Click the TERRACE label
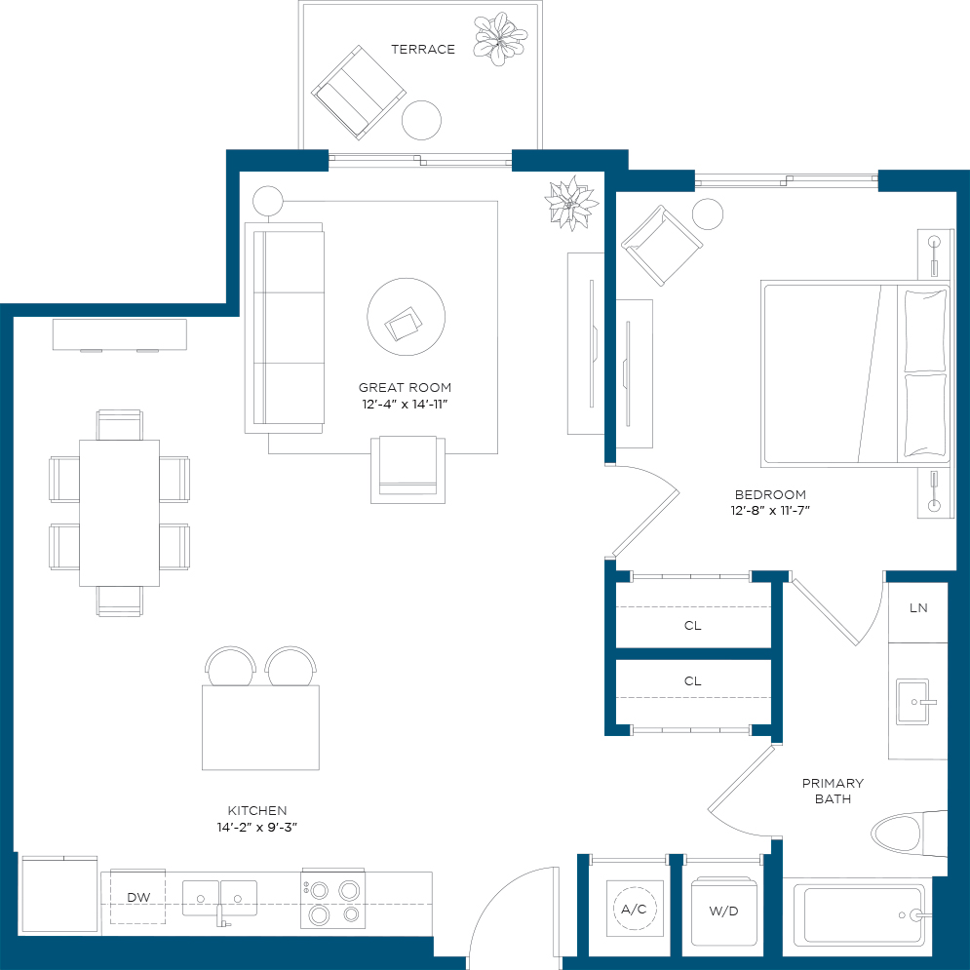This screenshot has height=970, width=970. [423, 50]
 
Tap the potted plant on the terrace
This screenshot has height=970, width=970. [500, 38]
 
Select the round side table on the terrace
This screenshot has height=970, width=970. [421, 120]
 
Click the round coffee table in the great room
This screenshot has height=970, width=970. [406, 317]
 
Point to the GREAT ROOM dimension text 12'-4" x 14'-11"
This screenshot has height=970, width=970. [405, 404]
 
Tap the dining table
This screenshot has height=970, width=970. [119, 513]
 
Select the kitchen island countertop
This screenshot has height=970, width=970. [260, 727]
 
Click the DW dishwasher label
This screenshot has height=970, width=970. [138, 897]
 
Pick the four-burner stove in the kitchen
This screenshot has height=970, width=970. [332, 900]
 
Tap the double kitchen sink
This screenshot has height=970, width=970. [219, 898]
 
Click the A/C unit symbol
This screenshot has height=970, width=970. [635, 909]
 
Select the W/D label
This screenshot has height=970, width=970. [723, 911]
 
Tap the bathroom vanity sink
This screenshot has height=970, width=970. [913, 702]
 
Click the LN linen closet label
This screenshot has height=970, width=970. [918, 608]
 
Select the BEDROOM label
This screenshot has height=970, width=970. [770, 495]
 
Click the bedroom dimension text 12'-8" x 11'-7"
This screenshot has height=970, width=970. [770, 511]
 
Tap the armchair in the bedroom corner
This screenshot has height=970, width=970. [662, 246]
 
